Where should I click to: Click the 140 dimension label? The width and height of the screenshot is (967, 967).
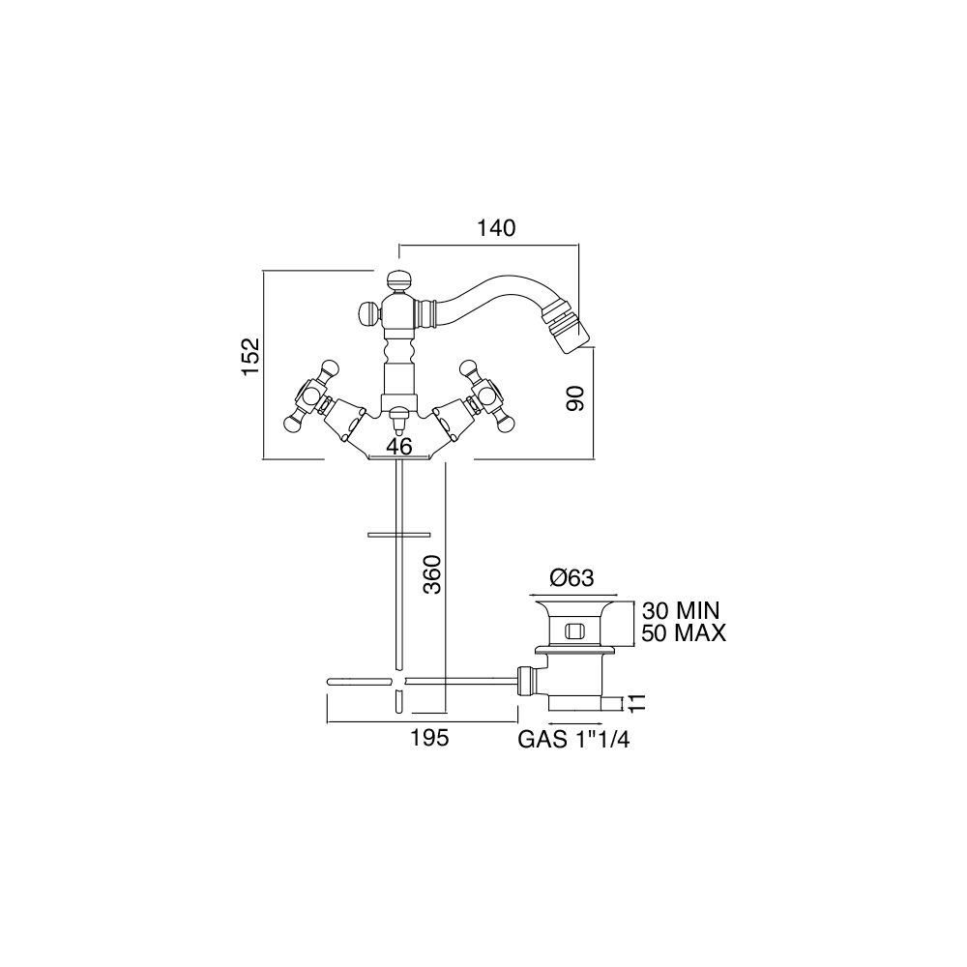pos(496,228)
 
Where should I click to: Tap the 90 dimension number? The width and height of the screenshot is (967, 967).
pos(575,398)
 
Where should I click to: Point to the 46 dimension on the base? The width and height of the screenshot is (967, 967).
pos(399,447)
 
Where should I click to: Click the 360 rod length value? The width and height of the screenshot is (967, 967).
pos(433,574)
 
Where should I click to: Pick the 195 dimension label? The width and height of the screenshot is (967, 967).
pos(430,738)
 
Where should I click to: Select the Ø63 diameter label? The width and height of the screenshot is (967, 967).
pos(571,578)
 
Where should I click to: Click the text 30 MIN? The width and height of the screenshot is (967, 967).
pos(681,610)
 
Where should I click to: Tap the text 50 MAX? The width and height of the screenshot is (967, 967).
pos(684,633)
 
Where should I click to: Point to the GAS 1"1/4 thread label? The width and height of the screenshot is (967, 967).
pos(573,740)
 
